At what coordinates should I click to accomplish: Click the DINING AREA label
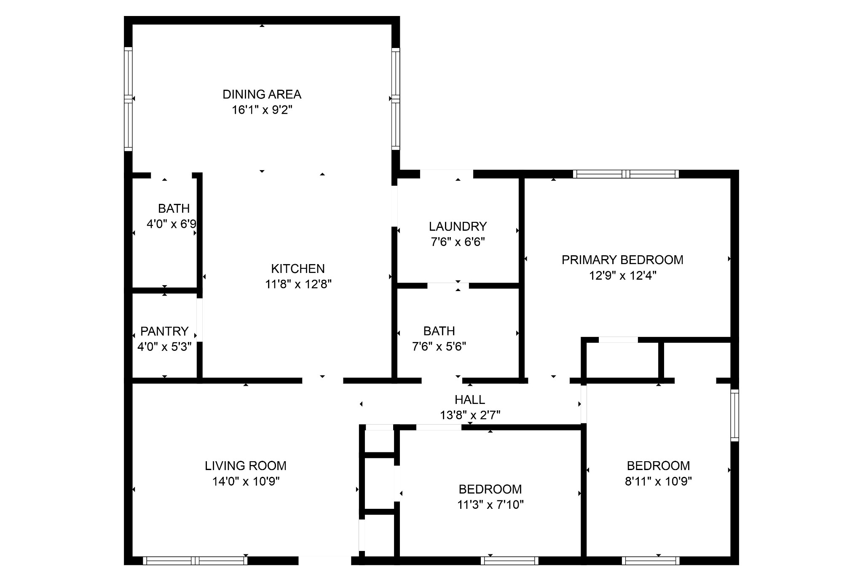tap(262, 94)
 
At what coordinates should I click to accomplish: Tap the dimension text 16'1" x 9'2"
tap(262, 110)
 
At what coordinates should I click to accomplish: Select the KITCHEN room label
tap(298, 269)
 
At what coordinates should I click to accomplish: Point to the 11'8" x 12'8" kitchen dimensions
tap(298, 284)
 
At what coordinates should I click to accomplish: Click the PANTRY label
tap(164, 331)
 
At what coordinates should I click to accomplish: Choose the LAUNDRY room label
tap(458, 227)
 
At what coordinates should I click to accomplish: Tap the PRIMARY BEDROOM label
tap(622, 260)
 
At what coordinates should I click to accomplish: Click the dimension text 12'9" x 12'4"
tap(622, 275)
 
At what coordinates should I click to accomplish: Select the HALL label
tap(470, 399)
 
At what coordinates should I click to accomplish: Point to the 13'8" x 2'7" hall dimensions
tap(470, 415)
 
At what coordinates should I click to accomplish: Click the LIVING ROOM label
tap(246, 466)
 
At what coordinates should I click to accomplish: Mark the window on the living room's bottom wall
tap(195, 561)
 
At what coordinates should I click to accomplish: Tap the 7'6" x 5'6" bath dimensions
tap(439, 347)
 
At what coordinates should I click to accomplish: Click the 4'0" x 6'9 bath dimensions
tap(171, 224)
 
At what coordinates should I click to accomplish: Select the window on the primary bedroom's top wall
tap(626, 174)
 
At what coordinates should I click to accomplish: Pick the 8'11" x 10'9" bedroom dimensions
tap(658, 481)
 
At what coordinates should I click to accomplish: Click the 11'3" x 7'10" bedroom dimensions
tap(490, 505)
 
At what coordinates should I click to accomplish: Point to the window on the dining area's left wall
tap(128, 99)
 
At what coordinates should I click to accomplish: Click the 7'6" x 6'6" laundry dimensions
tap(458, 242)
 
